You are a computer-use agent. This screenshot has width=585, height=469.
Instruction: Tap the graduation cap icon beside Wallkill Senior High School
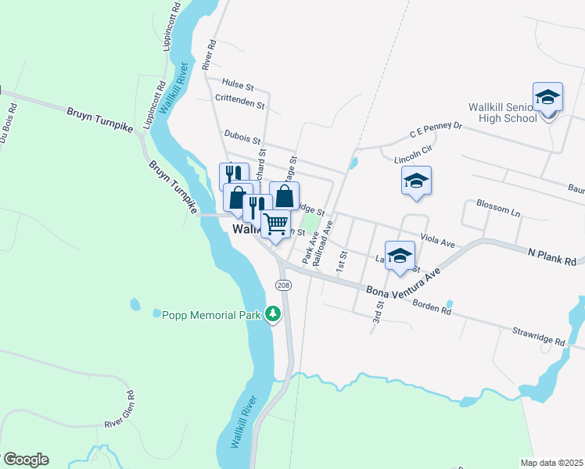pyautogui.click(x=548, y=97)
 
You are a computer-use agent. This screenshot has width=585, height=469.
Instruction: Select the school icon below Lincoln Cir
pyautogui.click(x=416, y=181)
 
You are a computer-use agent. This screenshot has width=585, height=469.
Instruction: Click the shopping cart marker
pyautogui.click(x=275, y=224)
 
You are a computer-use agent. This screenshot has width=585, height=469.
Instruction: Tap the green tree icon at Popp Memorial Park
pyautogui.click(x=272, y=314)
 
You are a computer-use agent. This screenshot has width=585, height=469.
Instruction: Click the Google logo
pyautogui.click(x=25, y=460)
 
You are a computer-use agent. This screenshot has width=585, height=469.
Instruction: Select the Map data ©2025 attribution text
pyautogui.click(x=551, y=463)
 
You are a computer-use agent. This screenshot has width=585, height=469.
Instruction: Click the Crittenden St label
pyautogui.click(x=239, y=101)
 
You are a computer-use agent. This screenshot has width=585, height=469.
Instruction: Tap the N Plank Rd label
pyautogui.click(x=551, y=255)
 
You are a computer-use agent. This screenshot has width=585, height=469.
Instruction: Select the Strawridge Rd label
pyautogui.click(x=538, y=336)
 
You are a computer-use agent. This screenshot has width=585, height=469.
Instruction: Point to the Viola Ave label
pyautogui.click(x=437, y=238)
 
